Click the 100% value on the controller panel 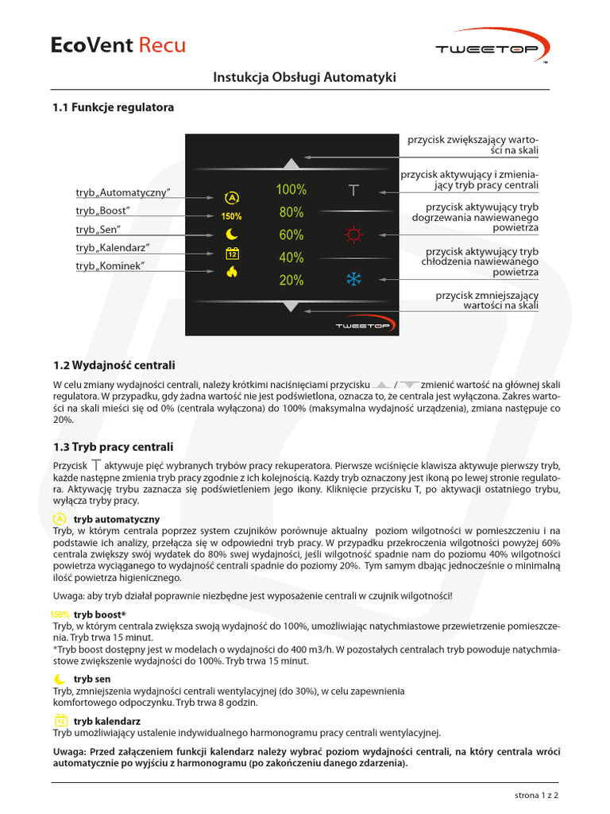pos(291,190)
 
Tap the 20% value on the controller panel pos(291,280)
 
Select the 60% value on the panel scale pos(291,235)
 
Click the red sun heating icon pos(353,235)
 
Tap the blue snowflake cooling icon pos(353,279)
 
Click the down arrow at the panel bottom pos(291,306)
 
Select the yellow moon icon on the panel pos(231,235)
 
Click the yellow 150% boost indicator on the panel pos(231,216)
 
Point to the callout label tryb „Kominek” pos(110,266)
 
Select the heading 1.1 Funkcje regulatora pos(113,107)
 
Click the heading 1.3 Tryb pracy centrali pos(113,447)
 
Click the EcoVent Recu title pos(118,45)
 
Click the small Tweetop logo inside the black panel pos(360,326)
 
